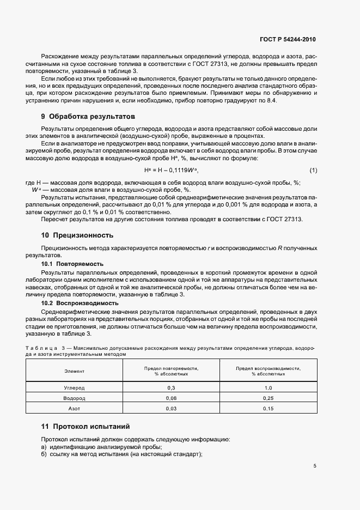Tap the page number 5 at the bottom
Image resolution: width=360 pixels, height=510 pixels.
pos(315,466)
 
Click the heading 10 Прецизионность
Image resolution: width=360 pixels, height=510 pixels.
pos(77,235)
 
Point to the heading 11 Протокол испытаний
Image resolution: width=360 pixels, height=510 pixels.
pos(86,426)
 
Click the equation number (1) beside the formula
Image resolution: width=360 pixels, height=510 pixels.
pos(313,171)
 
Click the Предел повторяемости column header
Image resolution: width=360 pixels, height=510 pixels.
pos(171,371)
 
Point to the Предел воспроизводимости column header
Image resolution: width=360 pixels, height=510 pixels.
pos(268,371)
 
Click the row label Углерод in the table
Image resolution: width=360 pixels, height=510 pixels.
pos(74,388)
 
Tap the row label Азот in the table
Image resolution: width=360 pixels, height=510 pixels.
pos(74,408)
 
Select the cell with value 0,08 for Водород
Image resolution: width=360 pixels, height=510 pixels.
pos(171,398)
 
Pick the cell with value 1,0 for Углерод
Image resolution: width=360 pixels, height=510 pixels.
pos(268,388)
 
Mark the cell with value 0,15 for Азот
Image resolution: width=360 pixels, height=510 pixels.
pos(268,408)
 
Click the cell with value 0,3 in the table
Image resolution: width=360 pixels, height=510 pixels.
pos(171,388)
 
